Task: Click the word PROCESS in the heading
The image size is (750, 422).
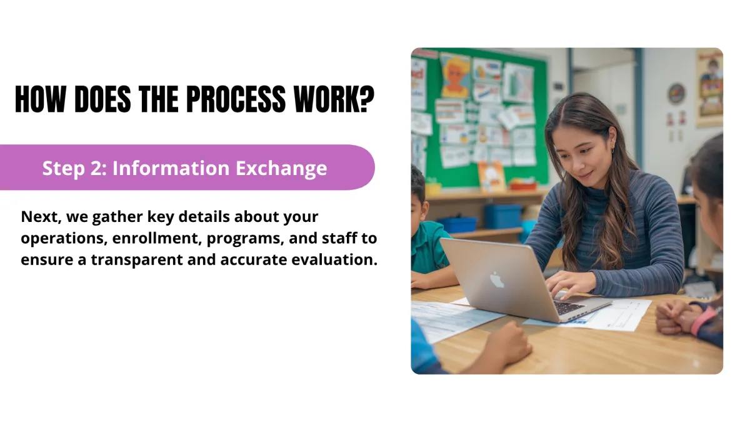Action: pyautogui.click(x=236, y=99)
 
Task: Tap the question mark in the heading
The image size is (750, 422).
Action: pyautogui.click(x=366, y=99)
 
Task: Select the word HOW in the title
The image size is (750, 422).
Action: pyautogui.click(x=40, y=99)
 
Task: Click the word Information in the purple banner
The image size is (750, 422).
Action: pyautogui.click(x=171, y=168)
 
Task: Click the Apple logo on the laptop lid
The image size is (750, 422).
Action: pyautogui.click(x=497, y=279)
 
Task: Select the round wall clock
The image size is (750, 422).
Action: pyautogui.click(x=677, y=94)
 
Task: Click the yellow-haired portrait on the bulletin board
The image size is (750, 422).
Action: pyautogui.click(x=456, y=76)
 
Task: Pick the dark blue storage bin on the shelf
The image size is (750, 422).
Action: pyautogui.click(x=503, y=216)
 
